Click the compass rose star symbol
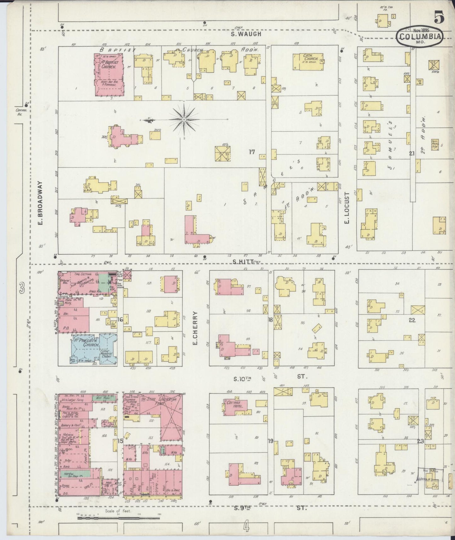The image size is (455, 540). pos(184,120)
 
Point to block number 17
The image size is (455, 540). pos(252,152)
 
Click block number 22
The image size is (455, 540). pos(412,320)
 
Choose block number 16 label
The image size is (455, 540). pos(120,320)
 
